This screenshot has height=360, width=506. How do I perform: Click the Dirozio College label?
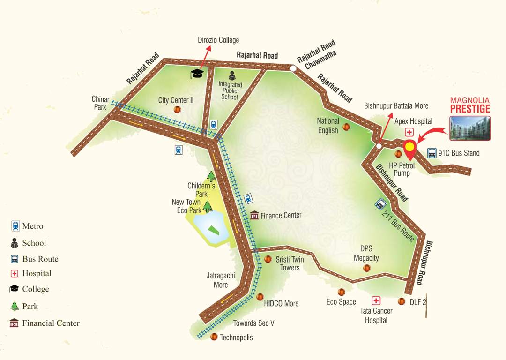(218, 40)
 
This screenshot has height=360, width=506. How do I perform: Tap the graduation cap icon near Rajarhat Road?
(197, 74)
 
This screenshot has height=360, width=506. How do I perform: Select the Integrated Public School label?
(231, 90)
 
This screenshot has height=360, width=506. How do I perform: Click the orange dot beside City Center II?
(178, 109)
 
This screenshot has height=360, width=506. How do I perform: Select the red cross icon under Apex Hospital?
(409, 132)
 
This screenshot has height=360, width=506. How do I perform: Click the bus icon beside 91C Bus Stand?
(432, 153)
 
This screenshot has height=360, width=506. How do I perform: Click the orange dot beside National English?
(346, 127)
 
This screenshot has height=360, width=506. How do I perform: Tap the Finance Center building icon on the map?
(254, 215)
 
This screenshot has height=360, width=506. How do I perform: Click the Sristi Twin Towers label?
(290, 263)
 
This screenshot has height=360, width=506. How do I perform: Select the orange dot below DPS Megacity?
(367, 268)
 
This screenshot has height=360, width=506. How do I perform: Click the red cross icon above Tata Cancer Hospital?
(376, 300)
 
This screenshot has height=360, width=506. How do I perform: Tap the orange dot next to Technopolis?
(214, 337)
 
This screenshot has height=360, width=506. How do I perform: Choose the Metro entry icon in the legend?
(15, 226)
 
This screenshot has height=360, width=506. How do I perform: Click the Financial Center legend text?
(51, 323)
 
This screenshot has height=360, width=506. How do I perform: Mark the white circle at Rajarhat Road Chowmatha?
(293, 68)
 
